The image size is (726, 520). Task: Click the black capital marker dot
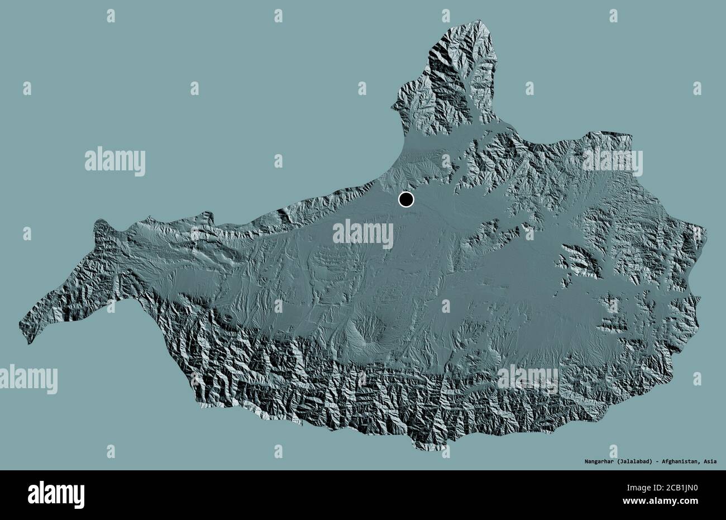[406, 199]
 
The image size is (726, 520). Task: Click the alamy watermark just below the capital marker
[363, 233]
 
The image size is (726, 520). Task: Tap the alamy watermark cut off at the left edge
[28, 379]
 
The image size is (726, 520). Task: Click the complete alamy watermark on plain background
[115, 162]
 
